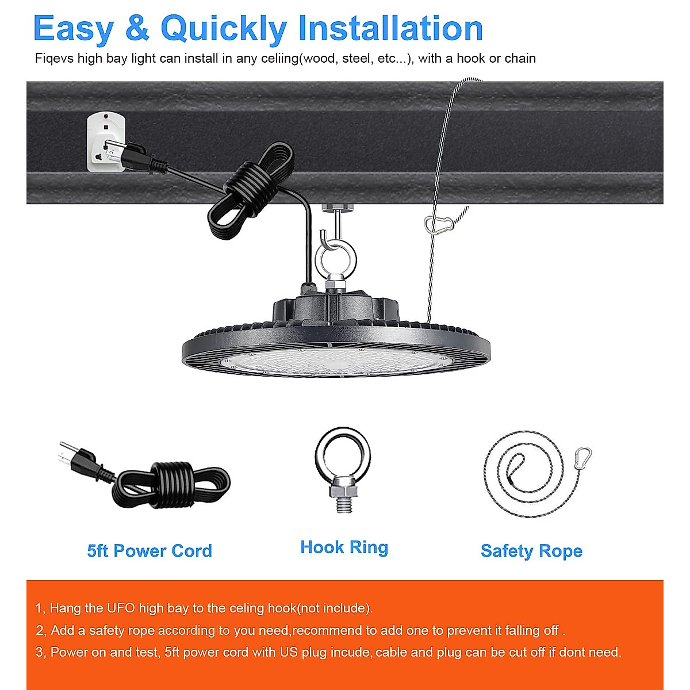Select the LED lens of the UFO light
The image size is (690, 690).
point(336,362)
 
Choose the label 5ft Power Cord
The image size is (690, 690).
point(149,551)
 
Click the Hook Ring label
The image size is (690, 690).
point(344,547)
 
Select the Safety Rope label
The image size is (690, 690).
point(531,551)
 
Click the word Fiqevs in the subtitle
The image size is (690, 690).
point(54,59)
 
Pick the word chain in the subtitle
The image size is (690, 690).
point(520,59)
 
